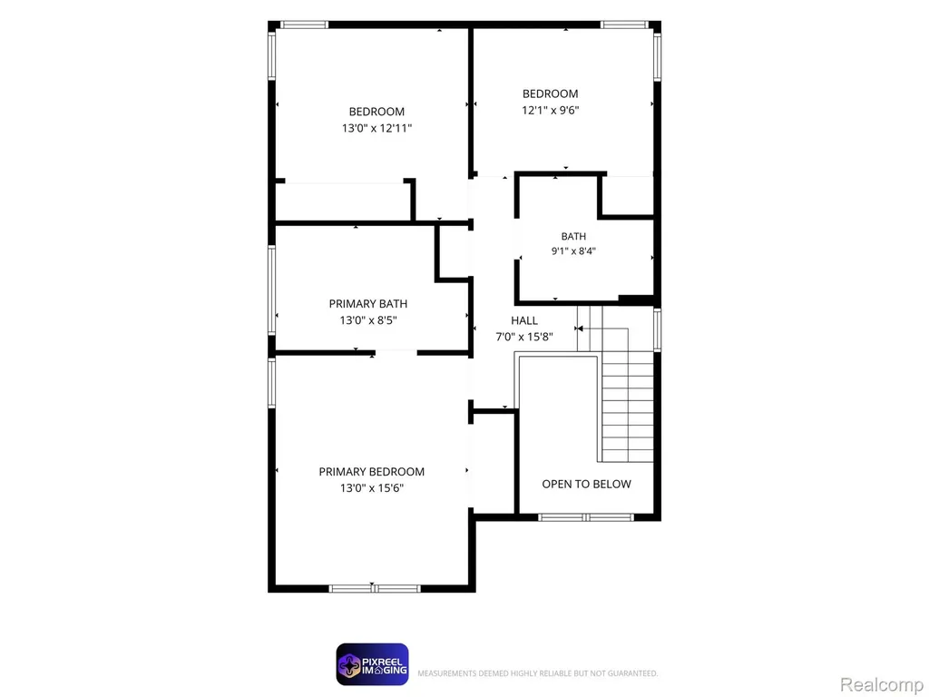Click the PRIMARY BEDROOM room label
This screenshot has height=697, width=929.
371,472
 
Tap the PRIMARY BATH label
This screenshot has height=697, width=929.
368,303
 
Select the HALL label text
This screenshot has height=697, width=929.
524,320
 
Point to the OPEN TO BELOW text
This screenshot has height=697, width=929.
587,485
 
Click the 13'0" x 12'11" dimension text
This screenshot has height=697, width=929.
376,128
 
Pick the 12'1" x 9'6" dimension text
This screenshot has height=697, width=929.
551,110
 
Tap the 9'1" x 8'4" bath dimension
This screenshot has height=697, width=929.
573,250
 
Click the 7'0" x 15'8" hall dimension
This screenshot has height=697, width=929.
524,337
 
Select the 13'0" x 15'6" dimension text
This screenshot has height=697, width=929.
371,487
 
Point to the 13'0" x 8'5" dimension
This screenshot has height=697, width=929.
368,320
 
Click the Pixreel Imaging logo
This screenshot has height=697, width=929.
372,664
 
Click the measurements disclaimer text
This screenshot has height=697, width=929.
537,673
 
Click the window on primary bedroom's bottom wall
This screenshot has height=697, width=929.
375,588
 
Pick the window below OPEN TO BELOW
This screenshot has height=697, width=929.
586,517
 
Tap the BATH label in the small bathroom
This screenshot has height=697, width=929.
573,237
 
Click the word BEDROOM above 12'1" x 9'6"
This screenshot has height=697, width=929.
551,93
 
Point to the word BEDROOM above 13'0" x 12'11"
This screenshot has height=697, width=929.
376,112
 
